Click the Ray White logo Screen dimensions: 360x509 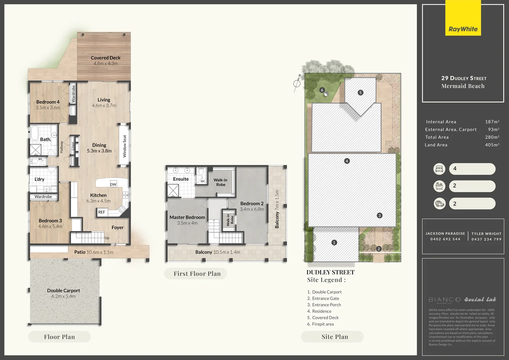pyautogui.click(x=463, y=29)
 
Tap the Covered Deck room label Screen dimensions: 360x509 pyautogui.click(x=105, y=58)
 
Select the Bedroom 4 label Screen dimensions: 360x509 pyautogui.click(x=48, y=102)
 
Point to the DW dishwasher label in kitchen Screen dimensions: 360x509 pyautogui.click(x=113, y=184)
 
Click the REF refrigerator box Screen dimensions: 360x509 pyautogui.click(x=102, y=212)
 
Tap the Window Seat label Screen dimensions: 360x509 pyautogui.click(x=125, y=146)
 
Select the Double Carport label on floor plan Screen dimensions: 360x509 pyautogui.click(x=63, y=291)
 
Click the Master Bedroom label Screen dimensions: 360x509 pyautogui.click(x=187, y=217)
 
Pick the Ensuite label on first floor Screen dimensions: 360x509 pyautogui.click(x=181, y=179)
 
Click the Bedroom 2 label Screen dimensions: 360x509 pyautogui.click(x=252, y=204)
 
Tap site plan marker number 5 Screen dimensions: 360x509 pyautogui.click(x=360, y=93)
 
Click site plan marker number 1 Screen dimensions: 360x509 pyautogui.click(x=334, y=243)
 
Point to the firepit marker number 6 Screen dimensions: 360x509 pyautogui.click(x=322, y=90)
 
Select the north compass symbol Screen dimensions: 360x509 pyautogui.click(x=297, y=83)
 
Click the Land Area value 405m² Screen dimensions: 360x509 pyautogui.click(x=492, y=145)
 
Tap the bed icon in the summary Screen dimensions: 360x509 pyautogui.click(x=439, y=169)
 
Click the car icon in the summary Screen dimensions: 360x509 pyautogui.click(x=439, y=204)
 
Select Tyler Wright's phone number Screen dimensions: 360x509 pyautogui.click(x=486, y=239)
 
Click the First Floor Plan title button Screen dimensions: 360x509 pyautogui.click(x=197, y=274)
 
